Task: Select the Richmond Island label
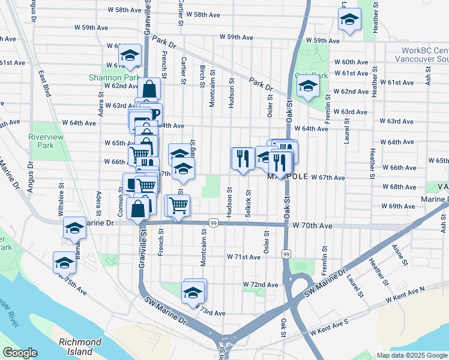point(80,346)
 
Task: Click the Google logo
point(20,353)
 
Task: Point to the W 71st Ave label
point(243,257)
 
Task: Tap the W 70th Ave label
point(313,226)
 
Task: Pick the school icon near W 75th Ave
point(64,262)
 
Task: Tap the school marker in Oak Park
point(308,86)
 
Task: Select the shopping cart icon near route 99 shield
point(178,206)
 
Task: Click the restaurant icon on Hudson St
point(242,158)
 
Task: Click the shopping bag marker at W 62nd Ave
point(149,89)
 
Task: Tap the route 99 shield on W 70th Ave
point(214,223)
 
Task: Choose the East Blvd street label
point(44,84)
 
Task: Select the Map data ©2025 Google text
point(412,355)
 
